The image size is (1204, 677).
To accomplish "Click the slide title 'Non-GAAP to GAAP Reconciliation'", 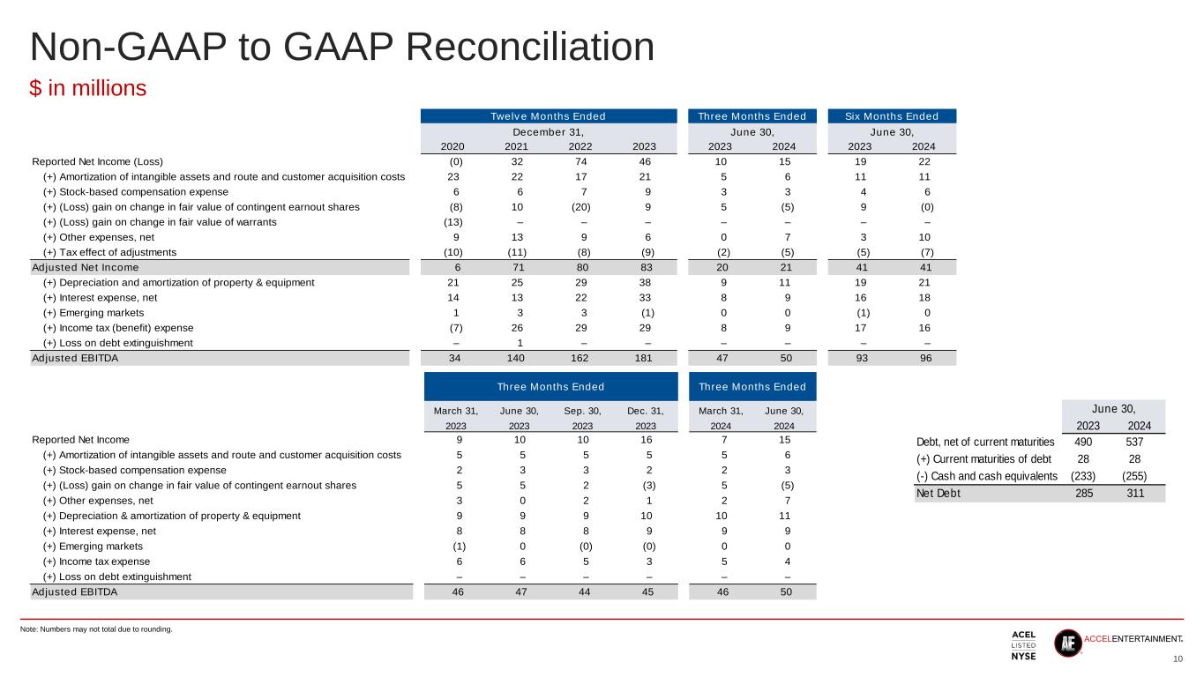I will (341, 48).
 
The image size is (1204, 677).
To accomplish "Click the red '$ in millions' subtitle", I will (88, 89).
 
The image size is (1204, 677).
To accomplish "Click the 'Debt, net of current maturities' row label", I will (986, 442).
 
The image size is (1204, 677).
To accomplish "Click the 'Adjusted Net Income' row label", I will (85, 268).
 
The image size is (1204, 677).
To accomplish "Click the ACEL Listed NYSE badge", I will (1023, 646).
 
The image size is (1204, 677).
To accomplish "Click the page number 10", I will (1178, 660).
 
